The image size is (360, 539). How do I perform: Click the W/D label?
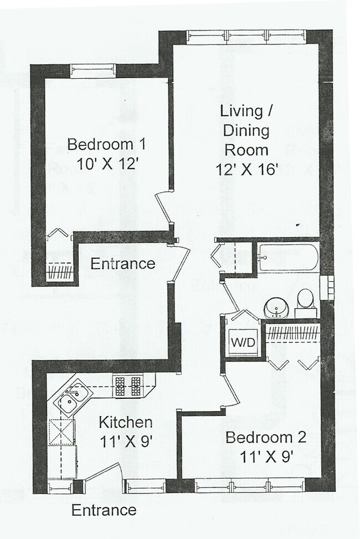click(243, 342)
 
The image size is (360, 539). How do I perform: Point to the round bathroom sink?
click(275, 307)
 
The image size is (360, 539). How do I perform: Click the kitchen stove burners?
click(128, 386)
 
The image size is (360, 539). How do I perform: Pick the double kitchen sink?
click(73, 398)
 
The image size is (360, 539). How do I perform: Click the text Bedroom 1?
click(106, 145)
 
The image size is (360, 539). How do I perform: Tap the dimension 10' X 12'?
click(106, 165)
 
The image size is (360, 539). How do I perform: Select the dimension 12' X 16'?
click(246, 170)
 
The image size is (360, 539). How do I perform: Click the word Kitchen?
click(125, 423)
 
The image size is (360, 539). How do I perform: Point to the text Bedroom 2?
click(266, 438)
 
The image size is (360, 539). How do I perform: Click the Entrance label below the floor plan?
click(104, 510)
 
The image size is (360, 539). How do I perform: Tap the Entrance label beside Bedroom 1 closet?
click(123, 264)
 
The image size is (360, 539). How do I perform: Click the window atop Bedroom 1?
click(93, 71)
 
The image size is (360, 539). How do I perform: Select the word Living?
click(241, 111)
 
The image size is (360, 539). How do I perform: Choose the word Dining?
click(247, 131)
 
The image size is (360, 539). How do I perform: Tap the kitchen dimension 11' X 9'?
click(125, 442)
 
